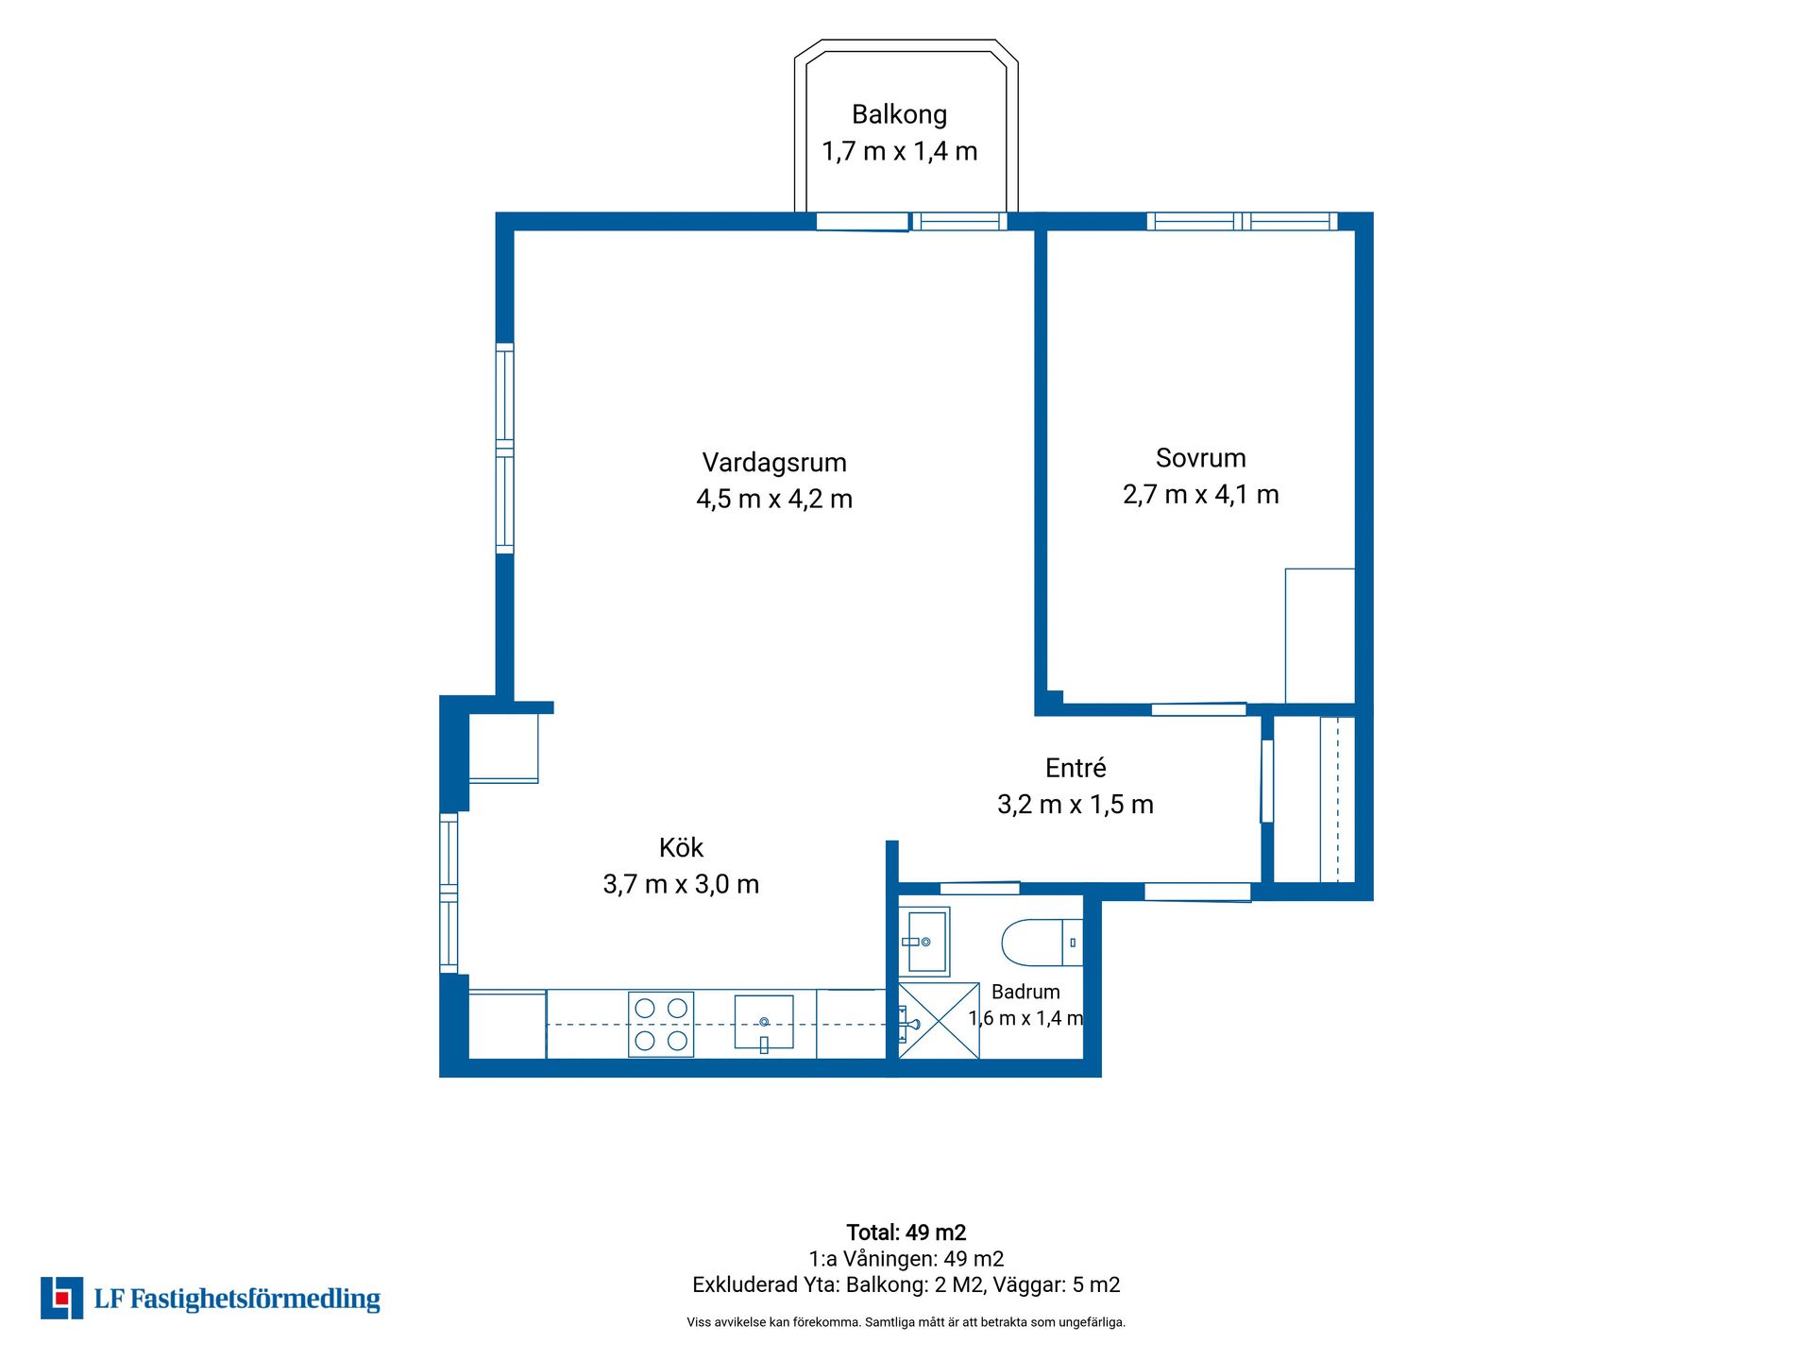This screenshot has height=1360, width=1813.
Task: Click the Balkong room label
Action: pos(899,114)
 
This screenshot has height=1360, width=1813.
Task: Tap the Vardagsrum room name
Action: pos(774,463)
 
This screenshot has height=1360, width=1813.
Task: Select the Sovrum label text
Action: pos(1201,458)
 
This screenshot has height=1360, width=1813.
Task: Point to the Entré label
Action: pos(1076,768)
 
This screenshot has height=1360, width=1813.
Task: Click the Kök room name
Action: pos(681,847)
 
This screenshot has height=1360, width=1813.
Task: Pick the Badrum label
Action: pos(1025,992)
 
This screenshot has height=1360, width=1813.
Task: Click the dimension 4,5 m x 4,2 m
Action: pos(774,499)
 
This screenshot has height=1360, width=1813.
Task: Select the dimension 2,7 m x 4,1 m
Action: pos(1201,494)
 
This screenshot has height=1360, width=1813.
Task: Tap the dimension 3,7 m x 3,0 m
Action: pos(681,884)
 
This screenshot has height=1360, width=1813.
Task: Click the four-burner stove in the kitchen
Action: pos(661,1024)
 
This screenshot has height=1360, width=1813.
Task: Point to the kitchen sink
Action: pos(764,1023)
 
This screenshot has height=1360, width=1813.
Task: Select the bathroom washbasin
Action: pos(923,942)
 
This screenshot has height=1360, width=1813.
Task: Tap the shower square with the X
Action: pos(939,1021)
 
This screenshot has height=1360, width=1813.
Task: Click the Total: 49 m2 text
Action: pos(906,1232)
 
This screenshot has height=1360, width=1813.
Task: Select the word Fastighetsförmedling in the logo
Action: pos(255,1300)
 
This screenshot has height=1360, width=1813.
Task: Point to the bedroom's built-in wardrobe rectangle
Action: pos(1320,636)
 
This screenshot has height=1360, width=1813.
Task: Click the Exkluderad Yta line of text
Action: pos(906,1284)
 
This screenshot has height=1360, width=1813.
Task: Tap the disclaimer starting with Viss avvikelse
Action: pos(906,1322)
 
